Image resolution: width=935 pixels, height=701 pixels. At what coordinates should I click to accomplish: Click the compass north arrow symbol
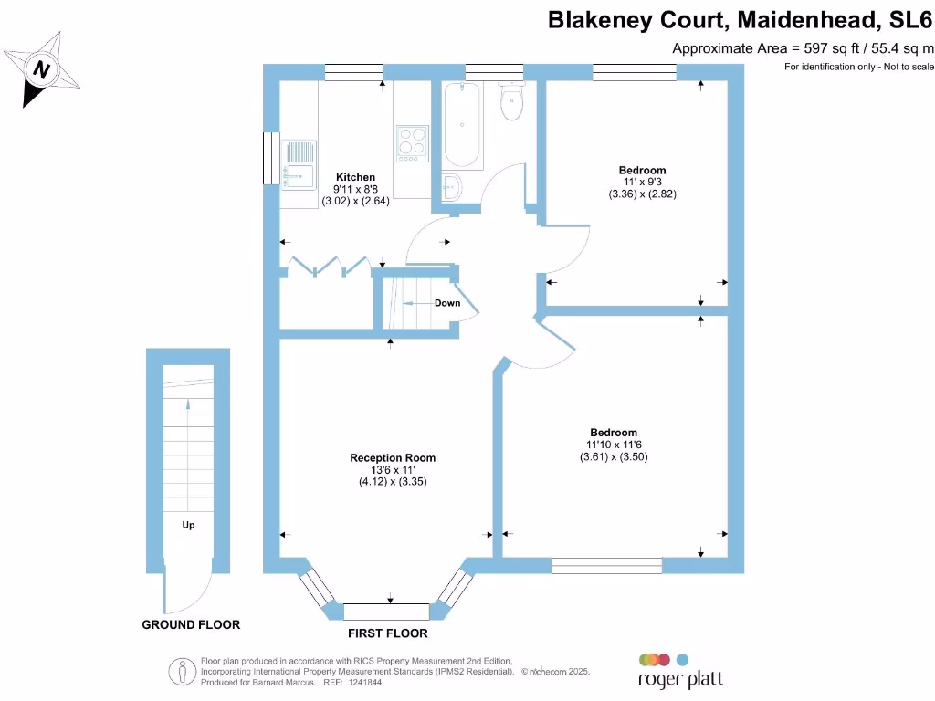coord(42,69)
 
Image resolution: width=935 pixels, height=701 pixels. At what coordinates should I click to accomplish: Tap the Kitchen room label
coord(355,177)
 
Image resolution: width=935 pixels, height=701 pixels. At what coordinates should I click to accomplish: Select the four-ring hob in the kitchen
coord(413,142)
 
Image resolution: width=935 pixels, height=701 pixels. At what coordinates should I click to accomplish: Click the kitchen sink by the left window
coord(298,165)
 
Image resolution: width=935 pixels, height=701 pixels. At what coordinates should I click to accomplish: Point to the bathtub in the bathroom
coord(462,125)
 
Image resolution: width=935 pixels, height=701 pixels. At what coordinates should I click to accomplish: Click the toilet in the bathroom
coord(511,100)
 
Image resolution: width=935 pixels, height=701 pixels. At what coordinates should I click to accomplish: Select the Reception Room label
coord(393,458)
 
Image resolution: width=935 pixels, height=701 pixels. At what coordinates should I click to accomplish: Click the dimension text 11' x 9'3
coord(642,182)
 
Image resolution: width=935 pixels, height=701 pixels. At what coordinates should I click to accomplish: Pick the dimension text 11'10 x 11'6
coord(614,445)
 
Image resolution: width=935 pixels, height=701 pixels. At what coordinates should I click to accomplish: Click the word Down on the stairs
coord(447,303)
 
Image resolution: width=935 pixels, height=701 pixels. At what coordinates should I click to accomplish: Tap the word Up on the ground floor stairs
coord(188,525)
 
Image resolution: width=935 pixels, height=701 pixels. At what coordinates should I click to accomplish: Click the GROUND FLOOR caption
coord(191,625)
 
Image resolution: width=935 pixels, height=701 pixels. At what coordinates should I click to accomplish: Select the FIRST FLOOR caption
coord(387,633)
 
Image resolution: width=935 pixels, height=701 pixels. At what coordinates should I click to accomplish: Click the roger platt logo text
coord(679,680)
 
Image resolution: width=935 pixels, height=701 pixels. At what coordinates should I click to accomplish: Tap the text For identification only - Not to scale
coord(858,67)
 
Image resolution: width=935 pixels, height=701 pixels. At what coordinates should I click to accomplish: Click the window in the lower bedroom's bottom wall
coord(607,566)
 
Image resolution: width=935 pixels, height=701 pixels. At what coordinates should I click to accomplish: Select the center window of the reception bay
coord(386,611)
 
